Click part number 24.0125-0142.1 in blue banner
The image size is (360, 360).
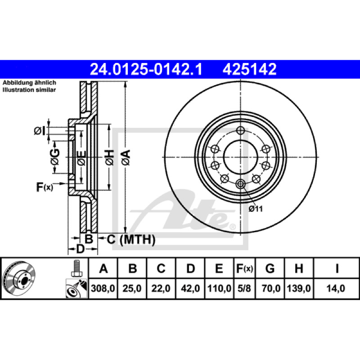point(146,69)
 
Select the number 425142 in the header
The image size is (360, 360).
point(249,69)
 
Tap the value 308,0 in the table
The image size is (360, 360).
point(103,288)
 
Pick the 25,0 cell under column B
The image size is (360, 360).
point(132,288)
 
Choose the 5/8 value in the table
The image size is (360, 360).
point(244,288)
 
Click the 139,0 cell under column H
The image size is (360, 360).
point(299,288)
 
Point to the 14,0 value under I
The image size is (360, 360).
point(336,288)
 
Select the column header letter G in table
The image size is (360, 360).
point(270,268)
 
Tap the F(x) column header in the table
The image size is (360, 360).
point(244,268)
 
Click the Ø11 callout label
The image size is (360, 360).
point(256,209)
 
